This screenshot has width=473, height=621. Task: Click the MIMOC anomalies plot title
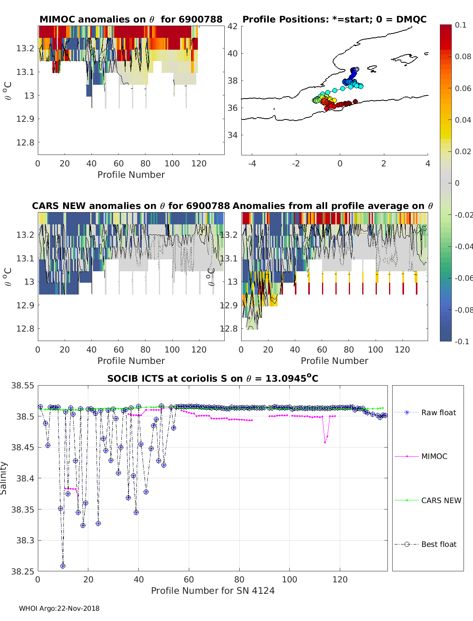point(131,19)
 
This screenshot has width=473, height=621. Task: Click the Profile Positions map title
point(334,19)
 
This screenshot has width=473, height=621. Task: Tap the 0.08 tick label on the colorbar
point(463,56)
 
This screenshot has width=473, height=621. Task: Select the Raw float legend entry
point(438,412)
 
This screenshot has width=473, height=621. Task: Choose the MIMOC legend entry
point(434,456)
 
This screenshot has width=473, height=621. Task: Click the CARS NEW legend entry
point(441,500)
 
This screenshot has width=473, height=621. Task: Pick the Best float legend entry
point(438,544)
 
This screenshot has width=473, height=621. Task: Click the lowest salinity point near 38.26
point(63,566)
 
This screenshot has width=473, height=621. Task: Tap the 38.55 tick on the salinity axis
point(22,386)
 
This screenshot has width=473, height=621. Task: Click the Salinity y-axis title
point(4,478)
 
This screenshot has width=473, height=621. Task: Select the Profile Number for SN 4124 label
point(212,591)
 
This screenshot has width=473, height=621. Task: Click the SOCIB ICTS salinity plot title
point(212,379)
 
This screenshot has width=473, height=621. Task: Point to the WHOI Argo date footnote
point(59,608)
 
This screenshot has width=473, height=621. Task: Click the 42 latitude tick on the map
point(233,26)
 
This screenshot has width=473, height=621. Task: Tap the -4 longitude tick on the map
point(252,164)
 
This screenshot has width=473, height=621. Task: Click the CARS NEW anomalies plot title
point(130,206)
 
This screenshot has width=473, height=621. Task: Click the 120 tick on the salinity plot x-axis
point(340,579)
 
